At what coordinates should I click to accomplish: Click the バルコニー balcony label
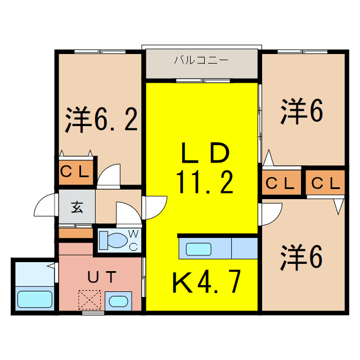tap(201, 60)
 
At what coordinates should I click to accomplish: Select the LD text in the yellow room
tap(204, 153)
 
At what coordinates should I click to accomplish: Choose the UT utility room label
tap(101, 277)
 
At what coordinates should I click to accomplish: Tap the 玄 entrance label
tap(76, 206)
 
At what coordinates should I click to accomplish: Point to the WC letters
tap(134, 240)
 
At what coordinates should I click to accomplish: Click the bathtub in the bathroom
tap(35, 298)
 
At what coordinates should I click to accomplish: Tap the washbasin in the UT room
tap(118, 300)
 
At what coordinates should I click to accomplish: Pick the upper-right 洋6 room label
tap(301, 111)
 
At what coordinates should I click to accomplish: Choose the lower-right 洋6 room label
tap(301, 258)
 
